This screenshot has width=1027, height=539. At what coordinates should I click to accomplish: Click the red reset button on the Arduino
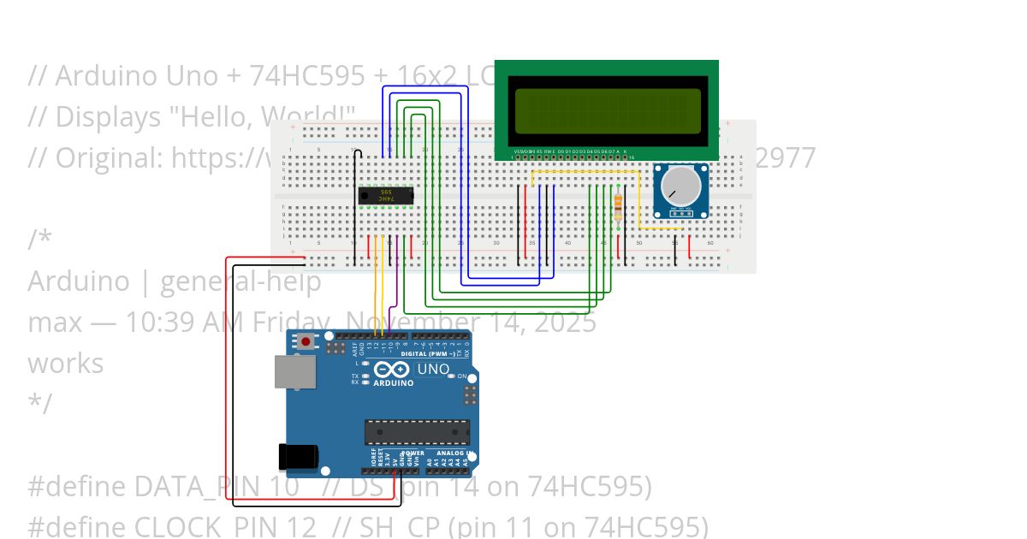coord(306,342)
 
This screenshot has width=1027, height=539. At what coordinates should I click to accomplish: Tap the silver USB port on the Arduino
coord(294,372)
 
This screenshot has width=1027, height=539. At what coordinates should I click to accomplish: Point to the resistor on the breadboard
coord(619,205)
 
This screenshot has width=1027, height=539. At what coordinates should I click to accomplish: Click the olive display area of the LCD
coord(608,110)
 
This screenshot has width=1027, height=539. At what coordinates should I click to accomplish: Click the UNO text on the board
coord(433,369)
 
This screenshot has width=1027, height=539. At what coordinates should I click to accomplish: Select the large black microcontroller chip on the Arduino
coord(417,432)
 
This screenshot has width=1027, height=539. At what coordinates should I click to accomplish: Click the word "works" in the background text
coord(65,364)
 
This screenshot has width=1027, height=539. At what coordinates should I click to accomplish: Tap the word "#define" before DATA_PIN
coord(77,487)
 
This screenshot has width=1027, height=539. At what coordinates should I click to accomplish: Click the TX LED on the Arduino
coord(365,376)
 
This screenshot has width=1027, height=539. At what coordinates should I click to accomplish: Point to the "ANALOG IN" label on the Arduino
coord(454,453)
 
